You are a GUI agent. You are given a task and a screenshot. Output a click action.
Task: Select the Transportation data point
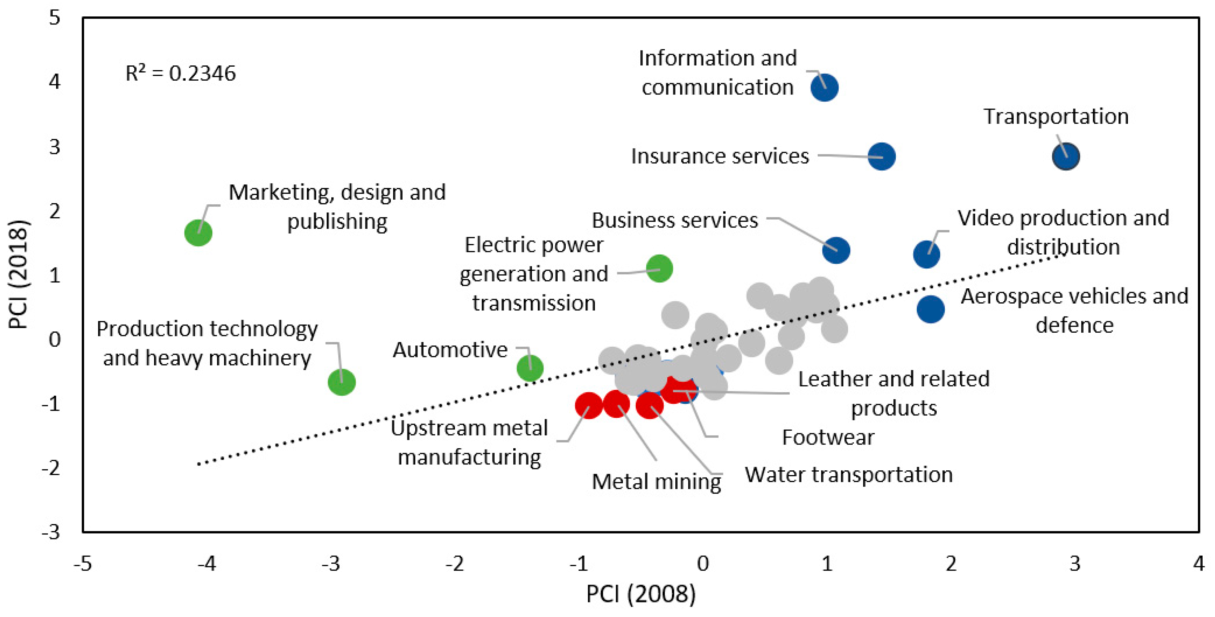point(1066,156)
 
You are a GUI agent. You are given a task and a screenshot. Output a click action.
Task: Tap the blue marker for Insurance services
point(881,156)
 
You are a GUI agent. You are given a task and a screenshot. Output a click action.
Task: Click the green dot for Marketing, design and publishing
point(198,233)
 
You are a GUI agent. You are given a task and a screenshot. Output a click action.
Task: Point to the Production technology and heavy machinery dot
point(342,382)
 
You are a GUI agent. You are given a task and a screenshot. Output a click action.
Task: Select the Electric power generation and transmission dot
point(659,269)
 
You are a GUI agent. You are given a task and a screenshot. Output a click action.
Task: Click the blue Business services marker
point(836,250)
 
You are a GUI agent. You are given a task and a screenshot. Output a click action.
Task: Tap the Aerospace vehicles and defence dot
point(930,309)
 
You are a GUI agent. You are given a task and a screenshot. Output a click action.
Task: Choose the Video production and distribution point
point(926,254)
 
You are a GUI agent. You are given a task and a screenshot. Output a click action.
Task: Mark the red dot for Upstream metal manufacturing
point(589,405)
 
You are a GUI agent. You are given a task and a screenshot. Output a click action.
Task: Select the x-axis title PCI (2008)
point(641,593)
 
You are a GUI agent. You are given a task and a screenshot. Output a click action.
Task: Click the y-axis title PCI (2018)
point(19,274)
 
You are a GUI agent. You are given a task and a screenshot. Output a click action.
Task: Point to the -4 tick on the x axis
point(207,563)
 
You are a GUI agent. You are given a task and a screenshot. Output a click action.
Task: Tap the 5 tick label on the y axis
point(55,18)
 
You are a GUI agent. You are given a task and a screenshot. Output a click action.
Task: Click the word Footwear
point(828,437)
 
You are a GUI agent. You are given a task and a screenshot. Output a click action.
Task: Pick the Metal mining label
point(656,482)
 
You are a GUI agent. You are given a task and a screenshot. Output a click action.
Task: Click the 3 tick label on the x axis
point(1075,563)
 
